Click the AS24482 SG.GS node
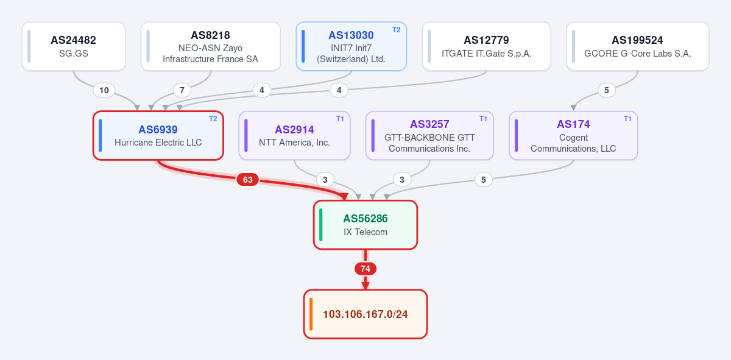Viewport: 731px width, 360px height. pos(74,46)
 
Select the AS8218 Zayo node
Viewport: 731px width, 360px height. pos(211,46)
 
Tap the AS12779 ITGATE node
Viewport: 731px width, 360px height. pos(486,46)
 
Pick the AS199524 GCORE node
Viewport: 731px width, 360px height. pos(637,46)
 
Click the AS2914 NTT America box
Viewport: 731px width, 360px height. pos(294,135)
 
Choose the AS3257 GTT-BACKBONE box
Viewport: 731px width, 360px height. pos(429,135)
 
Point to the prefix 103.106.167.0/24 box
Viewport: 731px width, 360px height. pos(365,314)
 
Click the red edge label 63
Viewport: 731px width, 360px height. pos(248,180)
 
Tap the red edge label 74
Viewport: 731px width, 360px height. pos(365,269)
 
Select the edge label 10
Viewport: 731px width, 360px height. pos(104,90)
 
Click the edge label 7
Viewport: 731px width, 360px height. pos(182,90)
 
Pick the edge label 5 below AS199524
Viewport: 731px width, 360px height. pos(607,90)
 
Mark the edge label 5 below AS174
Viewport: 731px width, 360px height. pos(484,180)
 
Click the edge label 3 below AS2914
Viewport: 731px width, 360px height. pos(325,180)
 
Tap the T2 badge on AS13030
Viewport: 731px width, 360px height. pos(396,30)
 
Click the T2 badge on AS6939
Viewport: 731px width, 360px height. pos(213,119)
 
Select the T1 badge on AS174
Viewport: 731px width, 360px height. pos(627,119)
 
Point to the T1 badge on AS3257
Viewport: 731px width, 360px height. pos(483,119)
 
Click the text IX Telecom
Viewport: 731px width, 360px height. pos(365,232)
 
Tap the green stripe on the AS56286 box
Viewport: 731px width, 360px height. pos(321,225)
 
